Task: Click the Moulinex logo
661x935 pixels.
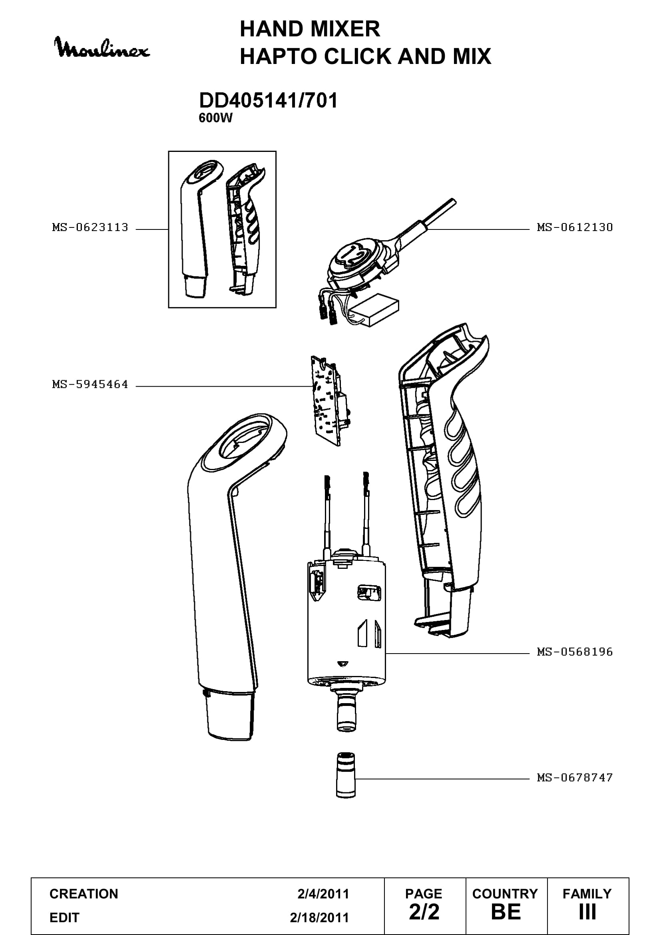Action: click(x=102, y=48)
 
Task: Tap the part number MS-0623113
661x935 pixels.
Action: click(x=90, y=227)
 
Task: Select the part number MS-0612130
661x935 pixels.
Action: click(x=575, y=227)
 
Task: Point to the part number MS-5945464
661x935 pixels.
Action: click(x=90, y=385)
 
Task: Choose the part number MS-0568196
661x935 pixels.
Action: click(x=575, y=652)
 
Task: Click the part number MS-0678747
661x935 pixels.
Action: click(x=575, y=778)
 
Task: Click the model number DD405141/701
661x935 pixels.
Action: click(x=268, y=101)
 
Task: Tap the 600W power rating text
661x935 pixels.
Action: click(x=215, y=118)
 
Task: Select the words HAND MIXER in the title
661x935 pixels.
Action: click(x=310, y=29)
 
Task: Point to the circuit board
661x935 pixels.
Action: click(x=330, y=401)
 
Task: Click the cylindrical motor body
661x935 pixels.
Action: click(x=346, y=623)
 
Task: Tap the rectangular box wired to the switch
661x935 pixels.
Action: click(x=375, y=310)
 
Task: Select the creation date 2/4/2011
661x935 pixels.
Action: click(x=323, y=894)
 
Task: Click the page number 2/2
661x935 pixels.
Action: click(x=424, y=912)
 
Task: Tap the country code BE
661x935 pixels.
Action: click(x=506, y=912)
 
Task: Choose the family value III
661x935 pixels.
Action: click(x=587, y=912)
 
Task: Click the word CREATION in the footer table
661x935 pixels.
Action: click(x=84, y=894)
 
